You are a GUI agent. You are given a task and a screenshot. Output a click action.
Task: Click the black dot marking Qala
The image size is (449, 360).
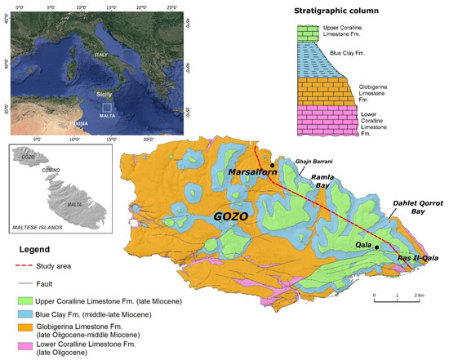click(x=377, y=247)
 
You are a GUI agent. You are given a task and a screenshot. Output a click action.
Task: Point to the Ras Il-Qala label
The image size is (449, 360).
click(x=419, y=259)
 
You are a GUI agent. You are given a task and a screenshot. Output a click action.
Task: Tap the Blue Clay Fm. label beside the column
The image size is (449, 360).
click(x=378, y=56)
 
